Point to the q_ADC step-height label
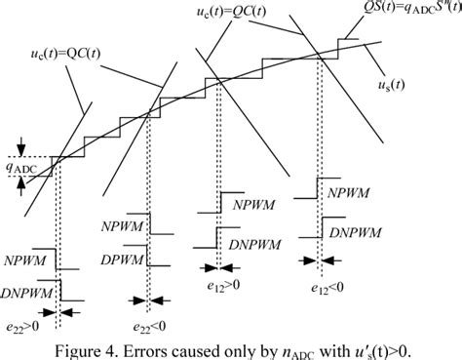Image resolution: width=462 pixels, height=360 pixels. click(x=30, y=173)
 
